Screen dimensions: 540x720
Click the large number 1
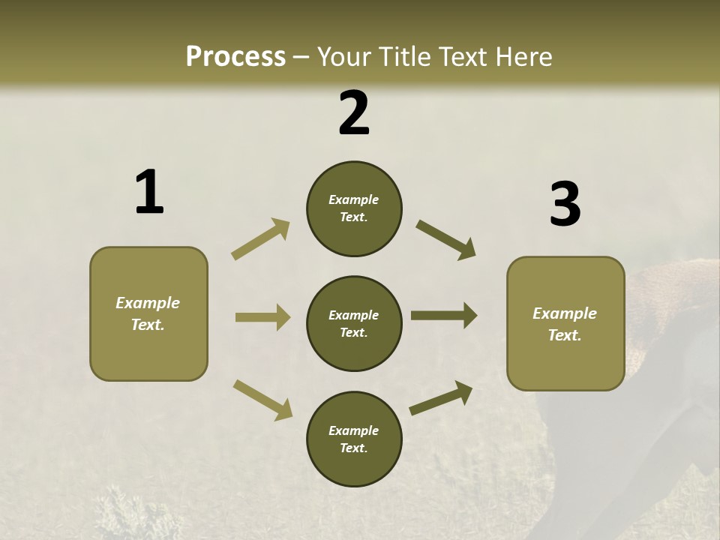[x=149, y=193]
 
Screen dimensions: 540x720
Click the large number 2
[x=354, y=113]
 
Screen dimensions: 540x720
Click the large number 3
[x=565, y=205]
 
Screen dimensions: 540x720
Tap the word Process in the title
[x=235, y=56]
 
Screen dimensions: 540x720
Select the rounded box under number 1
[x=148, y=313]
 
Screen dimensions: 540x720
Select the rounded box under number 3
[x=565, y=323]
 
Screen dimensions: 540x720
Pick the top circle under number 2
[x=354, y=208]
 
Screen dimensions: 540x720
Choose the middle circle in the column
[x=354, y=323]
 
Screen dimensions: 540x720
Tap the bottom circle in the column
[x=354, y=439]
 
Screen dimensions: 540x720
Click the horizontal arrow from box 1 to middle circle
[x=262, y=317]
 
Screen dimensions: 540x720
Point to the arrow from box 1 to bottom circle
[x=262, y=399]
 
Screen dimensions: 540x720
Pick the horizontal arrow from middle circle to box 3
[x=444, y=316]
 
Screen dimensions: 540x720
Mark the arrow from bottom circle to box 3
[x=441, y=397]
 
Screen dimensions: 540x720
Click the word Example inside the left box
[x=148, y=303]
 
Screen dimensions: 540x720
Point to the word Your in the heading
[x=342, y=56]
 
